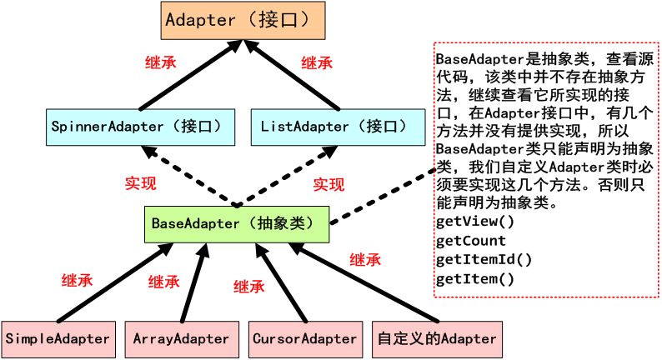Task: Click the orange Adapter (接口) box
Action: coord(243,20)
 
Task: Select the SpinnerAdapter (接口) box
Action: coord(141,127)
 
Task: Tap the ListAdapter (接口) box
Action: coord(339,127)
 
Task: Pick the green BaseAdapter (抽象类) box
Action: coord(237,224)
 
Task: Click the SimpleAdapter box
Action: coord(58,339)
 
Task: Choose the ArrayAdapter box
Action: coord(182,339)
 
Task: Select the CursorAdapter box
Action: coord(306,339)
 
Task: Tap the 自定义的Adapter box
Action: coord(438,339)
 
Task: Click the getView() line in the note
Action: coord(475,222)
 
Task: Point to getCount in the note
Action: coord(471,241)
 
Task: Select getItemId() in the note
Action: coord(484,259)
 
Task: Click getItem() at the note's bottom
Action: coord(475,279)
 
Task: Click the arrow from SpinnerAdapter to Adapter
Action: coord(191,75)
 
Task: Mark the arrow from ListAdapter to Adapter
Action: coord(292,75)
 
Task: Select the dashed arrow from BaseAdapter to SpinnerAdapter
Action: coord(189,176)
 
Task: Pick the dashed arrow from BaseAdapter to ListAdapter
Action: coord(286,176)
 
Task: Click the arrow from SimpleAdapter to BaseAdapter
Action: coord(115,282)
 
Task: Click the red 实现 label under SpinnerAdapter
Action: coord(141,183)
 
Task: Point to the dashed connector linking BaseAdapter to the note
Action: coord(383,196)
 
